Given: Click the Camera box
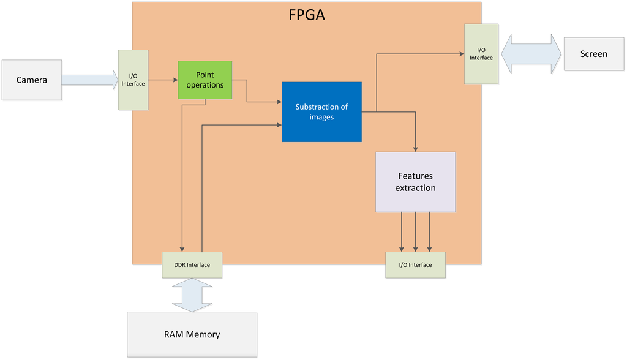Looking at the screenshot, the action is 32,80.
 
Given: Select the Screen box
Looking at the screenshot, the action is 594,54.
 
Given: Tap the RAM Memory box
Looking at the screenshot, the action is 192,334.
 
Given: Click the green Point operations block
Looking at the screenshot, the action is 205,80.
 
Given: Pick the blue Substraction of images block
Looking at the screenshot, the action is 321,112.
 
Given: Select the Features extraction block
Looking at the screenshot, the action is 416,182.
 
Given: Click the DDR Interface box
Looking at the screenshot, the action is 192,265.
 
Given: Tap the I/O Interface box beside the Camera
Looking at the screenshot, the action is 133,80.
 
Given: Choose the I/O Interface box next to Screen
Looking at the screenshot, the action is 481,54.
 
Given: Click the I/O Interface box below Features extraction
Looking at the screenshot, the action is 416,265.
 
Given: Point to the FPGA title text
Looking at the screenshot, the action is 307,15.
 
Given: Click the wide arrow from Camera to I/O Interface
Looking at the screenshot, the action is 90,80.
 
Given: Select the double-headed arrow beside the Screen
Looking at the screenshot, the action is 531,54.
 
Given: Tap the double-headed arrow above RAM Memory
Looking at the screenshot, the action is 192,295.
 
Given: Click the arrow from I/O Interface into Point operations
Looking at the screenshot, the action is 163,80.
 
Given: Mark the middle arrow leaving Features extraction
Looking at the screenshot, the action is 416,232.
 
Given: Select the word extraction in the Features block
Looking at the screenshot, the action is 416,188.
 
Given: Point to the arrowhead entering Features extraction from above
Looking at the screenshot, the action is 416,149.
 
